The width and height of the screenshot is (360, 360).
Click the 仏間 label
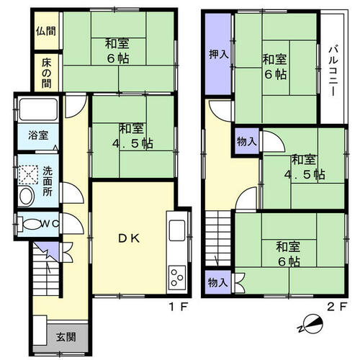46,31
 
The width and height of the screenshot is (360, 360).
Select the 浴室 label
38,135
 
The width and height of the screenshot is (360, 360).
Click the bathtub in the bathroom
38,109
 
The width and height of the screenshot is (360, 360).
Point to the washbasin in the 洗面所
27,196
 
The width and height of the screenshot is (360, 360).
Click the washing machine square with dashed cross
28,175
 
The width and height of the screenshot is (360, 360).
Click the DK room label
129,238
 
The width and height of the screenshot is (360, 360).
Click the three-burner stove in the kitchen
177,277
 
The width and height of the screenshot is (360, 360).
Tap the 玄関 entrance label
66,337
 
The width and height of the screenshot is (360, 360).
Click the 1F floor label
178,307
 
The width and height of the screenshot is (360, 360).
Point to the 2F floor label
337,307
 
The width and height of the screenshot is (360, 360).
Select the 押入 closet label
218,54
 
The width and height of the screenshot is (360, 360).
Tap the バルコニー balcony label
333,71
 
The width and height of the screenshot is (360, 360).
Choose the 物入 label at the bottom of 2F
217,282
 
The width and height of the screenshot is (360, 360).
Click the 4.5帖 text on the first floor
132,143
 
